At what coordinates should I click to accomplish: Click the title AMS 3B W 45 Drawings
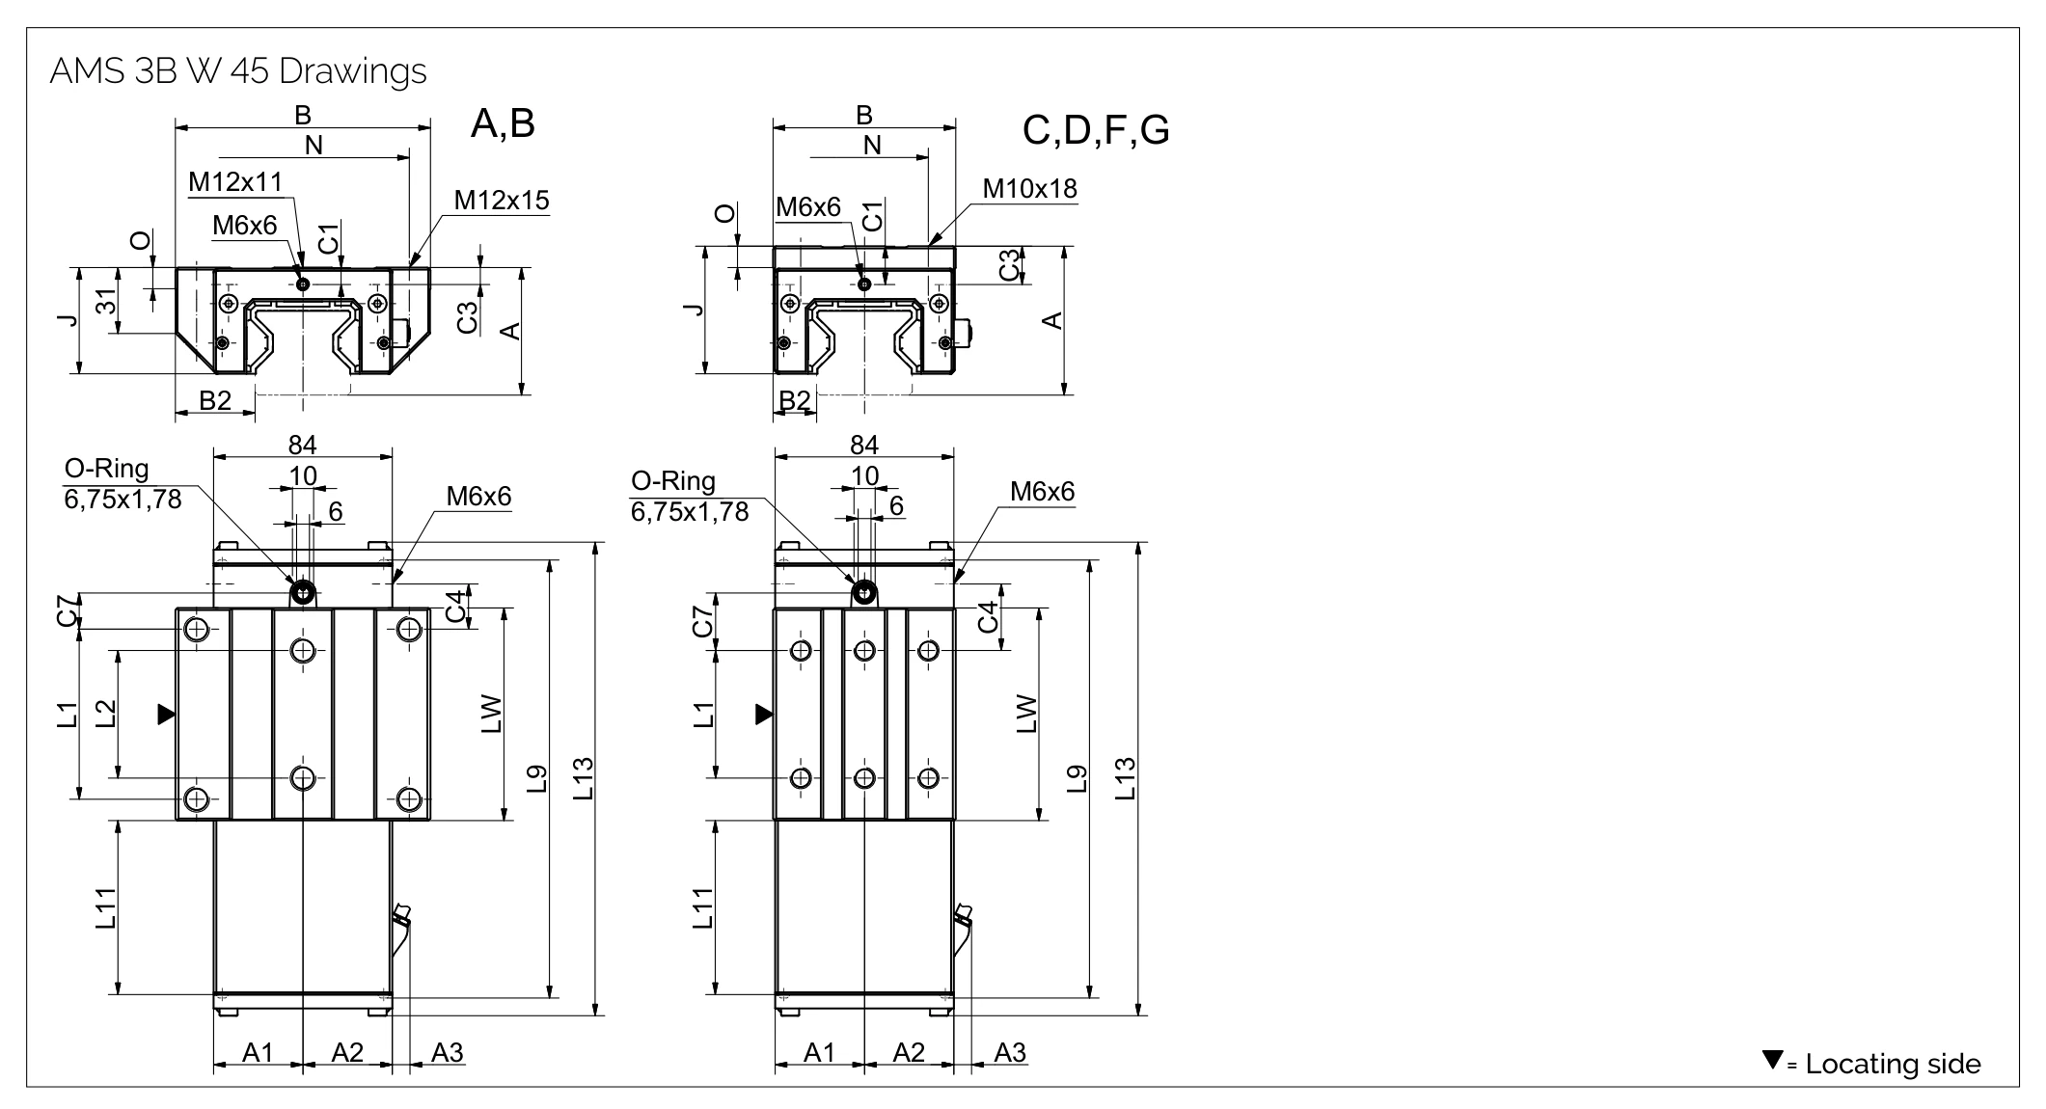coord(237,72)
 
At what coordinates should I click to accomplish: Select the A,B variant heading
coord(503,124)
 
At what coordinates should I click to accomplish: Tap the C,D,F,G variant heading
coord(1096,130)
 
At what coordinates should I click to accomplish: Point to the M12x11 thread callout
coord(235,182)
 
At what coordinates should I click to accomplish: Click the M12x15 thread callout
coord(502,201)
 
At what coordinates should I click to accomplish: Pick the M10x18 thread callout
coord(1029,189)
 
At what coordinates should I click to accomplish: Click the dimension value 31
coord(107,302)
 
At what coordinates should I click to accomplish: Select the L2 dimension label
coord(106,713)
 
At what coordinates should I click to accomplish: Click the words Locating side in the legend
coord(1893,1065)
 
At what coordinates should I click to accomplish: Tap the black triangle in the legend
coord(1772,1060)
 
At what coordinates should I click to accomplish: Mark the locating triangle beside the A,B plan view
coord(166,715)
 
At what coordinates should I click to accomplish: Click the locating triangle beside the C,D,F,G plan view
coord(764,715)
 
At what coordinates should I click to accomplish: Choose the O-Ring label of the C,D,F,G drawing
coord(672,481)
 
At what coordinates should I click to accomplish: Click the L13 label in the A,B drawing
coord(584,779)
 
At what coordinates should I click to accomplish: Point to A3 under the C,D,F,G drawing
coord(1010,1052)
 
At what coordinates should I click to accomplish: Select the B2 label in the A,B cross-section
coord(215,400)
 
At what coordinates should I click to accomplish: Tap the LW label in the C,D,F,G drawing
coord(1026,714)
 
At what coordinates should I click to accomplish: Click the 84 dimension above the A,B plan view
coord(302,445)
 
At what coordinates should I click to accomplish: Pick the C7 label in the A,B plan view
coord(67,611)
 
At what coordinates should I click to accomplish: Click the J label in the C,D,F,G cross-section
coord(692,310)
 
